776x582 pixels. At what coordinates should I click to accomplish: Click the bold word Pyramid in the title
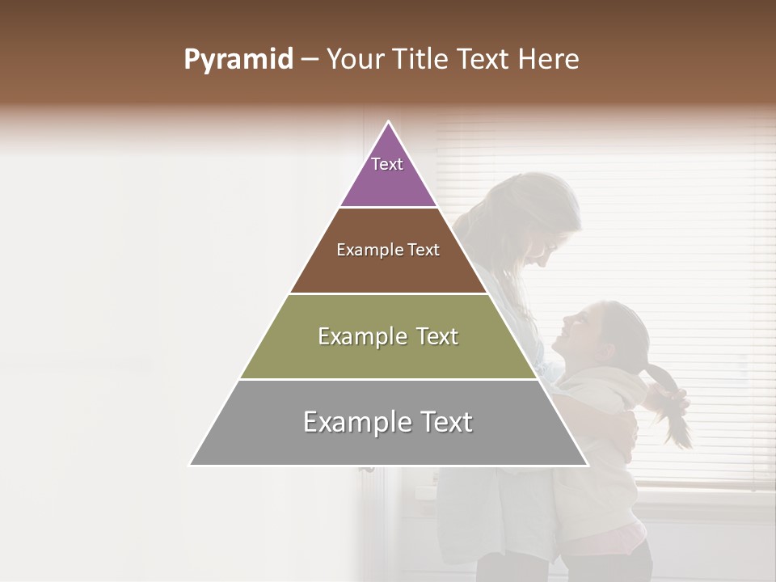click(238, 59)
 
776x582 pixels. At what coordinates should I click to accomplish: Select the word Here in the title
click(550, 59)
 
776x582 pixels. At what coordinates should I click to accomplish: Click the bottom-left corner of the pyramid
click(191, 465)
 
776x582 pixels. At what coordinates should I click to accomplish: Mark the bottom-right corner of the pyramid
click(588, 465)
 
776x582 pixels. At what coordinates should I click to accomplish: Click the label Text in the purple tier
click(387, 164)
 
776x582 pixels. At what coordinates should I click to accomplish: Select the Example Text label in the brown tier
click(388, 250)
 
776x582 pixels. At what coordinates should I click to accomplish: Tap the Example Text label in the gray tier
click(388, 422)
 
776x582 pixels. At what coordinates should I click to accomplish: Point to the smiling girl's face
click(582, 331)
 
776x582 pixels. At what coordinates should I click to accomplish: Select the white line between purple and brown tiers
click(389, 208)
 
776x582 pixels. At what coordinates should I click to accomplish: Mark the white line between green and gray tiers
click(389, 379)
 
